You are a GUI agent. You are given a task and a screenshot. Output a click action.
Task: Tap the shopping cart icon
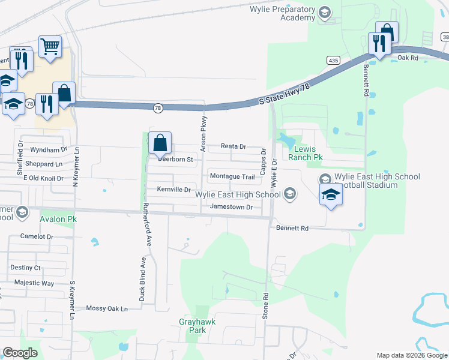(50, 46)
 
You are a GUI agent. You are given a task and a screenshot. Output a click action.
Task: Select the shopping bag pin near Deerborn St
(160, 144)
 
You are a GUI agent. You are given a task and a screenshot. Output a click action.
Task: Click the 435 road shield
(334, 61)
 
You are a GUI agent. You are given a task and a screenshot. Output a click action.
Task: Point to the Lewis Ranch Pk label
(310, 153)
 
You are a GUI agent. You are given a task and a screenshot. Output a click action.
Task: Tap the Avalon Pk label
(58, 220)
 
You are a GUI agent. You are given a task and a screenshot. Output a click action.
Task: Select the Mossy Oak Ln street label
(107, 308)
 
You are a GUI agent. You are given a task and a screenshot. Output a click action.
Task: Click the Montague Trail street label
(232, 176)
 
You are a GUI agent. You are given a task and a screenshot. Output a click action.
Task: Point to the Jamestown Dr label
(231, 206)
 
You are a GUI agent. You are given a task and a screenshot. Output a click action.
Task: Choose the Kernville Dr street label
(173, 190)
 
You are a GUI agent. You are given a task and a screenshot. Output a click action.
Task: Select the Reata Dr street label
(234, 146)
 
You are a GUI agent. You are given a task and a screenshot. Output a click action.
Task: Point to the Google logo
(20, 353)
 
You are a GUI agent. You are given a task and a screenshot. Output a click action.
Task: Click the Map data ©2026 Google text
(411, 355)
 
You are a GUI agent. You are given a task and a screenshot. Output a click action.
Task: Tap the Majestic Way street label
(34, 283)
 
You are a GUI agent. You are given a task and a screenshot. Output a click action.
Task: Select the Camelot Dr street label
(37, 236)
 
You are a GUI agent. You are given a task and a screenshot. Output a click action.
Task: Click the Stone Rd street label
(265, 305)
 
